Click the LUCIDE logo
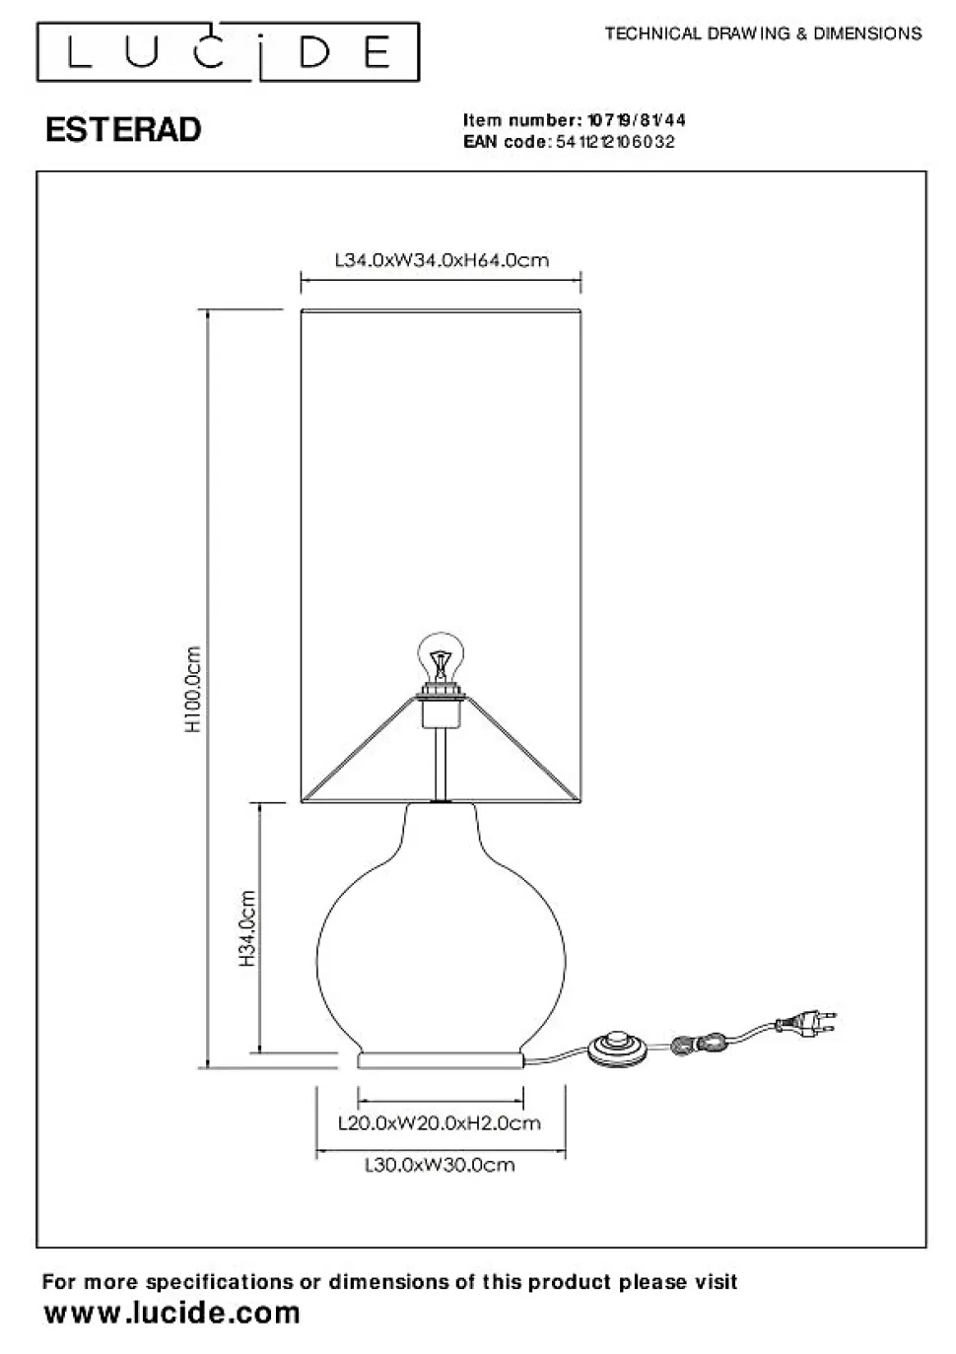point(228,52)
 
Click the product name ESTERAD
point(123,130)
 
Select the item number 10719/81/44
point(637,120)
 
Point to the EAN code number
point(615,142)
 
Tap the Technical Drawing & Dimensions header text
point(764,34)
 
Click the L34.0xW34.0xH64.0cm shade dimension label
point(442,260)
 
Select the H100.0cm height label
point(193,689)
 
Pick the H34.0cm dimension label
point(246,928)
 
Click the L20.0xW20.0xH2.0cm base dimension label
point(439,1123)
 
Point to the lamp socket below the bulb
point(442,705)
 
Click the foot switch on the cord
point(617,1049)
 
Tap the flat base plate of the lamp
point(441,1061)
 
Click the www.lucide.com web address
point(172,1314)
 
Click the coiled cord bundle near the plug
point(699,1043)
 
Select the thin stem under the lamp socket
point(442,764)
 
